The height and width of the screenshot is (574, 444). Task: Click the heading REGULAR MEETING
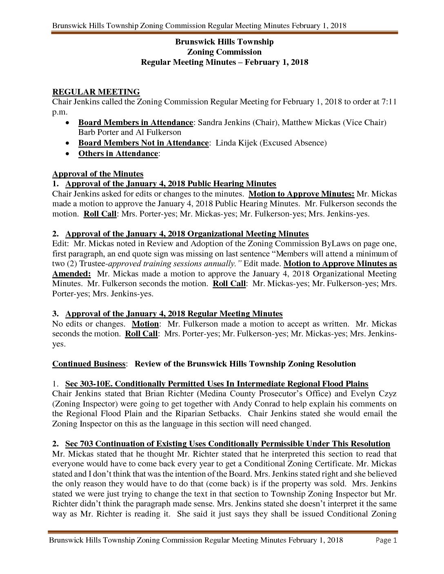click(96, 92)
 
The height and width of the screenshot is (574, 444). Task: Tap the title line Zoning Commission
click(224, 52)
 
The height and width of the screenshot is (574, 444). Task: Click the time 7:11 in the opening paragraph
click(389, 102)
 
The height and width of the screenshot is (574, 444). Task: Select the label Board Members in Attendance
click(135, 122)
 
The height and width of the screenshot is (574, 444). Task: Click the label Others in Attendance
click(118, 153)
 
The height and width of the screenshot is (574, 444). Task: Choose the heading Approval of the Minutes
click(98, 174)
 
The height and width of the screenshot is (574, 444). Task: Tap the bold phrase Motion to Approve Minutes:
click(301, 194)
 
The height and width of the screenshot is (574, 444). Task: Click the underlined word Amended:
click(71, 274)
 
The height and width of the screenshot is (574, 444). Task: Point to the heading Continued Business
click(89, 364)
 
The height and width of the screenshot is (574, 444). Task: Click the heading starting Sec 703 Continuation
click(227, 444)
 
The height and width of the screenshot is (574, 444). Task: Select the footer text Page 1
click(386, 540)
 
